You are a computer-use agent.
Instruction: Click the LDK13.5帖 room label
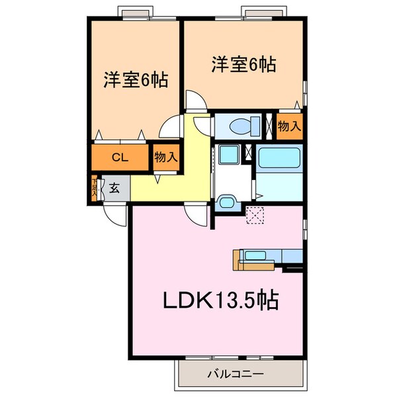coord(220,302)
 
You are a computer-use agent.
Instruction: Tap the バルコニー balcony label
coord(235,375)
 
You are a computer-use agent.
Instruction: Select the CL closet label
coord(119,157)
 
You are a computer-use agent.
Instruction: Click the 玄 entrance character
coord(114,188)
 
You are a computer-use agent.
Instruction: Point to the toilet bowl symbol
coord(240,125)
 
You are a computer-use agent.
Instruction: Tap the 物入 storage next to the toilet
coord(289,125)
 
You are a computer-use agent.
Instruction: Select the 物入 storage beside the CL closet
coord(165,157)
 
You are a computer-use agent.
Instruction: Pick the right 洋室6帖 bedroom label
coord(243,66)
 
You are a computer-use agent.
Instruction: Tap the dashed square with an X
coord(255,215)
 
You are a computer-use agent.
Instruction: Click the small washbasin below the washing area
coord(226,202)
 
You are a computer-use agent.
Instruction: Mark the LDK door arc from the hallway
coord(197,213)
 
